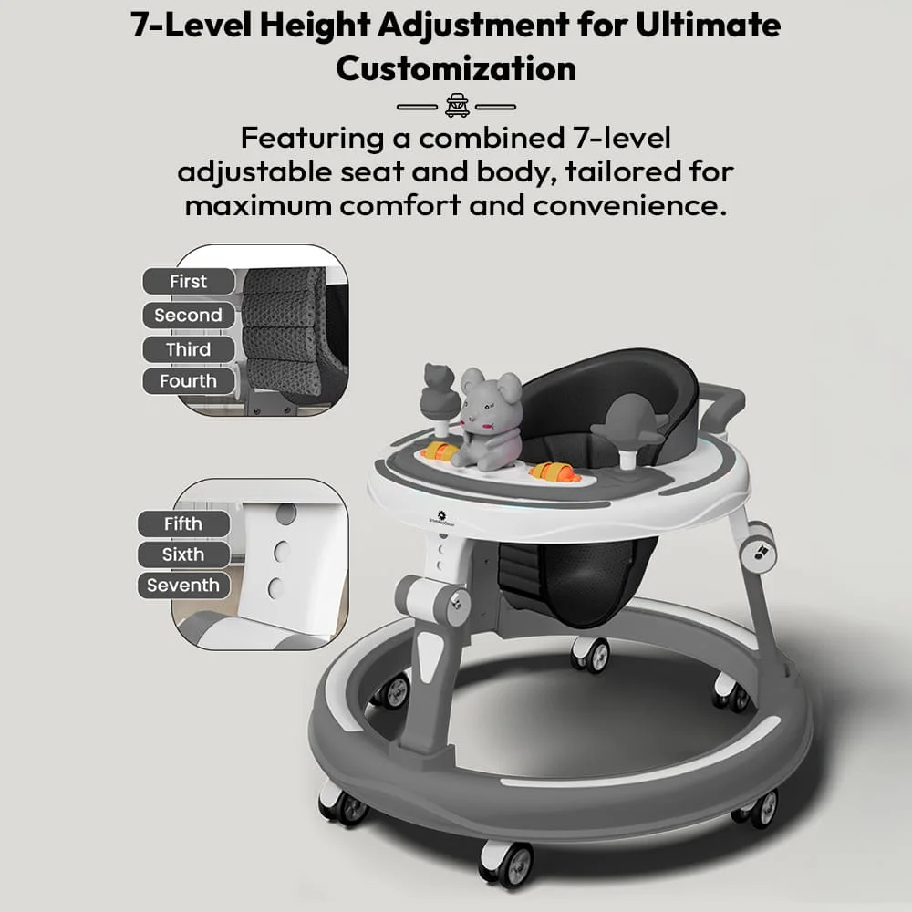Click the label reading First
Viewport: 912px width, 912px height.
pos(188,282)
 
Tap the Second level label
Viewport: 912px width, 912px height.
pos(188,316)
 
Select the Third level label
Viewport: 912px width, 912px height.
pos(188,349)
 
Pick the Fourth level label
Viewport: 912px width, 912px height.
pos(188,381)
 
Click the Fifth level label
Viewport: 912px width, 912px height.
pos(182,524)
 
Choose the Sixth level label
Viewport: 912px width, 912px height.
pos(182,554)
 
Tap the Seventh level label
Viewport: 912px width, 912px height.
pos(182,586)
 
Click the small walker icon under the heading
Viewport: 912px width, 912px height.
pos(456,106)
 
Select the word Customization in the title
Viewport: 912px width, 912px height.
pos(456,67)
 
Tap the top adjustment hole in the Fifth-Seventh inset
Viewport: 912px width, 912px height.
pos(285,514)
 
